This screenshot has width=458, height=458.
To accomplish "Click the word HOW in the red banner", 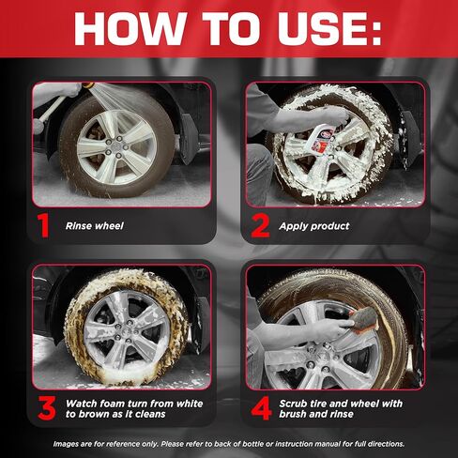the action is (129, 29).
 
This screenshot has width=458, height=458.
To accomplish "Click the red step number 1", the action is (43, 226).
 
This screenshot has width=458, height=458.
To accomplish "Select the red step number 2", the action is (260, 226).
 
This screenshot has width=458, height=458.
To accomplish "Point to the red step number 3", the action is (47, 408).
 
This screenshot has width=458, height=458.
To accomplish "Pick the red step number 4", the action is (261, 408).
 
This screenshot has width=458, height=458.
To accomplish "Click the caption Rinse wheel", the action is (95, 226).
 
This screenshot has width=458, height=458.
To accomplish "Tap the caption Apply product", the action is (314, 226).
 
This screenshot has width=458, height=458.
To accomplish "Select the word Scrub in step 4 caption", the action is (293, 404).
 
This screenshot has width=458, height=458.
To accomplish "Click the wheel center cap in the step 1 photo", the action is (116, 147).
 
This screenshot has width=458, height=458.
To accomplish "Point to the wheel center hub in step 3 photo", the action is (127, 332).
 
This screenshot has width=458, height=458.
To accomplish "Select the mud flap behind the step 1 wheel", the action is (189, 138).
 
